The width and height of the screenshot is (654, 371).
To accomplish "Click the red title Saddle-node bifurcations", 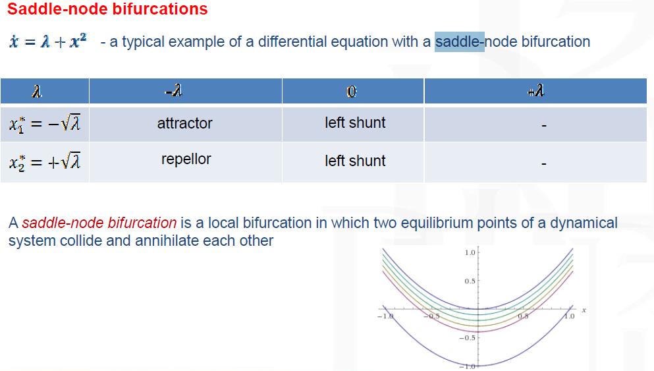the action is tap(107, 9).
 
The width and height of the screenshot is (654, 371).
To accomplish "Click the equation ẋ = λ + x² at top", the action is tap(48, 42).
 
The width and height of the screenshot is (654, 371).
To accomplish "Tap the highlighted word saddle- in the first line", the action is tap(460, 42).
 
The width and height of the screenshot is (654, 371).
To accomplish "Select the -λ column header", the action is tap(173, 90).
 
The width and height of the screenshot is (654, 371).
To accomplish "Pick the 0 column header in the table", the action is tap(352, 92).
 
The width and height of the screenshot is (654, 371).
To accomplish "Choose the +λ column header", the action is tap(535, 90).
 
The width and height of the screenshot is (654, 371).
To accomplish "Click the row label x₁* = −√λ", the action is tap(45, 124).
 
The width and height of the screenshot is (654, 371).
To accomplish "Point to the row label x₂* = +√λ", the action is tap(45, 162).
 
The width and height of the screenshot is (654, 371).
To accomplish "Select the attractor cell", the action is tap(185, 123).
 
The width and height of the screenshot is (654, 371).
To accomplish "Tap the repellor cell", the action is tap(186, 159).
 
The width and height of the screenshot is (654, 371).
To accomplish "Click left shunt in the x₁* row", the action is tap(355, 123).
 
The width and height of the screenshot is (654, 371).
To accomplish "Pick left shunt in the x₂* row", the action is tap(355, 161).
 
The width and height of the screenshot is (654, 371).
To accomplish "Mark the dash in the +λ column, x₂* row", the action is tap(544, 163).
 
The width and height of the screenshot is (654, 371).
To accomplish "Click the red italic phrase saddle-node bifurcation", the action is tap(99, 223).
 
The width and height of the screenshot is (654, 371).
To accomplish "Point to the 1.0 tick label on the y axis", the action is tap(470, 252).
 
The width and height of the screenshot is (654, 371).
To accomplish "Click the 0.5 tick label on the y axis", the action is tap(470, 281).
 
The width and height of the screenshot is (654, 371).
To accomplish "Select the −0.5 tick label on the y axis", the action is tap(468, 337).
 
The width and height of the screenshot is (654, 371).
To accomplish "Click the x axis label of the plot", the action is tap(584, 310).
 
